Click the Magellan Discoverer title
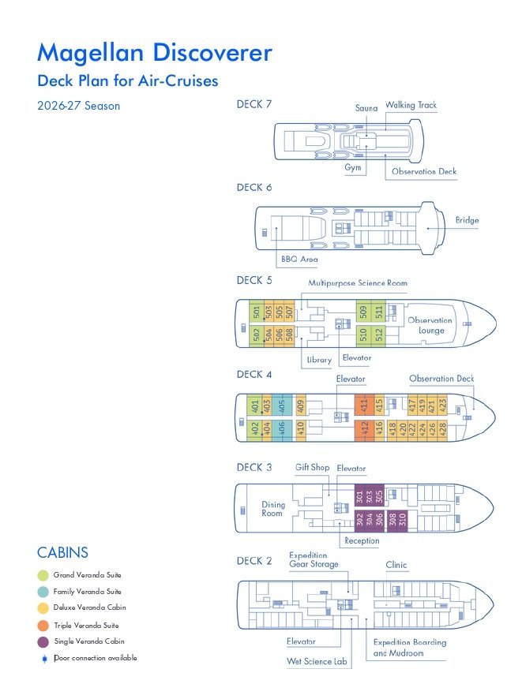point(155,53)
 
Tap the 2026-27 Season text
point(78,106)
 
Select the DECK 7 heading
point(254,104)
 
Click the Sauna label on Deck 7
point(366,108)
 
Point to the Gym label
point(353,168)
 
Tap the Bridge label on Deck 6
point(467,221)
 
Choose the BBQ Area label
point(299,259)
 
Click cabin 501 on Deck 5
point(256,312)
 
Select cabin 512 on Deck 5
point(379,335)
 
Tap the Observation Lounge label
point(430,325)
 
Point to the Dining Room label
point(272,509)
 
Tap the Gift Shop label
point(312,468)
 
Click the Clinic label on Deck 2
point(396,565)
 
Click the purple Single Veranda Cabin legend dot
point(44,641)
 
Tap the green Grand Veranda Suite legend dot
point(44,575)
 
